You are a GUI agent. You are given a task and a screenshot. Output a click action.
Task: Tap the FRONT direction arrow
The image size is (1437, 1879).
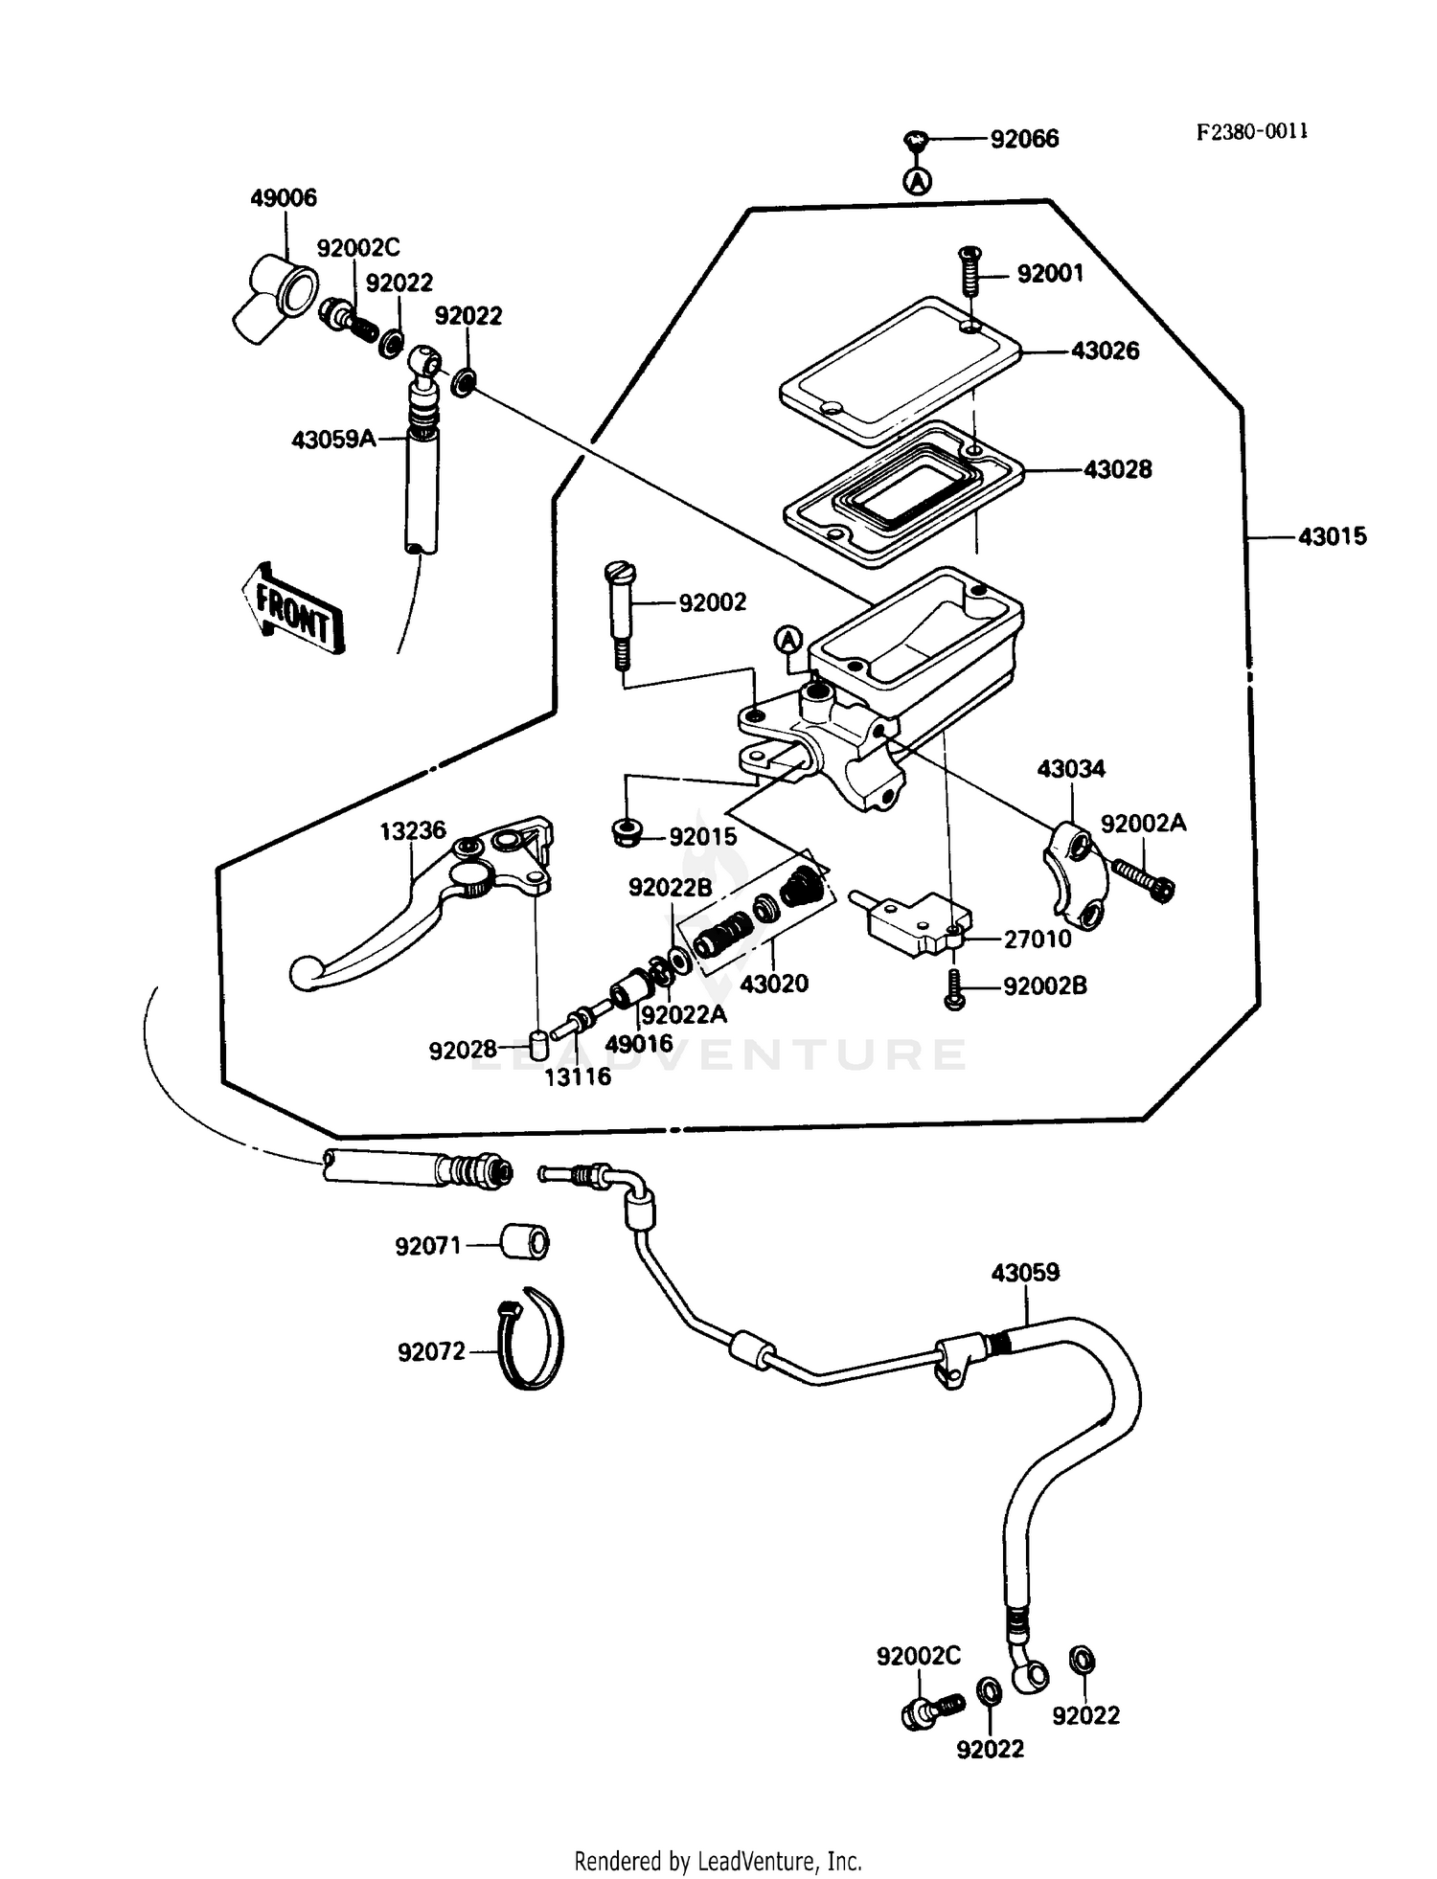tap(291, 609)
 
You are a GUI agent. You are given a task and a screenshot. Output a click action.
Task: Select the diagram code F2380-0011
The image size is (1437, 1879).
tap(1251, 131)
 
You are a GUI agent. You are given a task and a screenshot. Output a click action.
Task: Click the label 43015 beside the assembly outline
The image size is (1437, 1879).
tap(1331, 536)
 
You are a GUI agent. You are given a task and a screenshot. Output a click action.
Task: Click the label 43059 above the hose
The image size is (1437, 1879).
tap(1025, 1273)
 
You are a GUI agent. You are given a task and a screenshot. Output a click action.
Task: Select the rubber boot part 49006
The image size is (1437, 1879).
tap(276, 295)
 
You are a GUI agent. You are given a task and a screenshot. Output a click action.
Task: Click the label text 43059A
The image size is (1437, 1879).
tap(333, 440)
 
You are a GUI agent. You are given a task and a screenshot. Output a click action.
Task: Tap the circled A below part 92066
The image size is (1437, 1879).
tap(918, 180)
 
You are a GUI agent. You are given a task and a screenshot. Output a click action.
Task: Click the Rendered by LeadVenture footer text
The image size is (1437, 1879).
tap(718, 1861)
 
